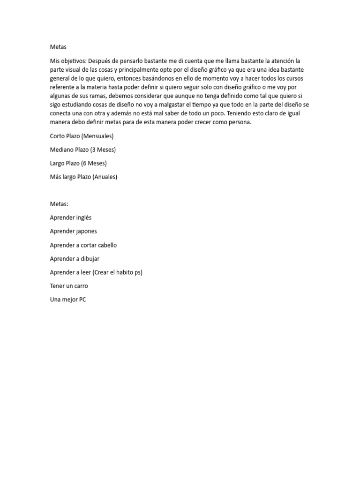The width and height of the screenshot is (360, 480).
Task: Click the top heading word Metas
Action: pos(58,47)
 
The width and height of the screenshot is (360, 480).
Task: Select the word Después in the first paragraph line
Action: pos(99,61)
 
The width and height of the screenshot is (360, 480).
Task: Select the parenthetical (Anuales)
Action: pos(105,177)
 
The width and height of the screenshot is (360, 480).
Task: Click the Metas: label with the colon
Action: pos(59,204)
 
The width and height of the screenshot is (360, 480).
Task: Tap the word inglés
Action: pos(83,217)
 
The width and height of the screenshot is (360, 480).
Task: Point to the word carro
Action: pos(80,285)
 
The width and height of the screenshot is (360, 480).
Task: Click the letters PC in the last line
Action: pos(82,299)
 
